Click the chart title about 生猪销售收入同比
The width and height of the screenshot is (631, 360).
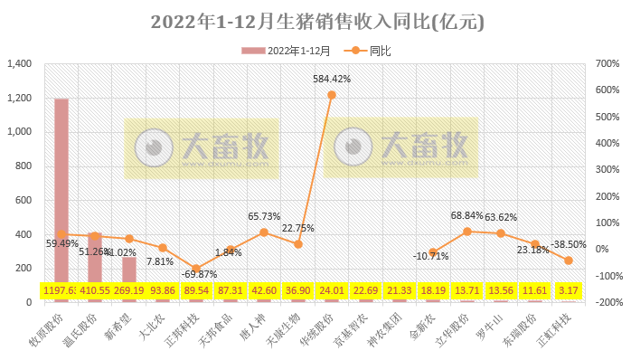tap(315, 21)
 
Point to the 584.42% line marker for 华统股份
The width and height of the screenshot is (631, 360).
tap(332, 95)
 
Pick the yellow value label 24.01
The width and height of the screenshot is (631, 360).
tap(332, 291)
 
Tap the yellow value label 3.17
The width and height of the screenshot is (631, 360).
tap(568, 291)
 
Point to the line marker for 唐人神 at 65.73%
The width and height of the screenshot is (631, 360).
tap(264, 232)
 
